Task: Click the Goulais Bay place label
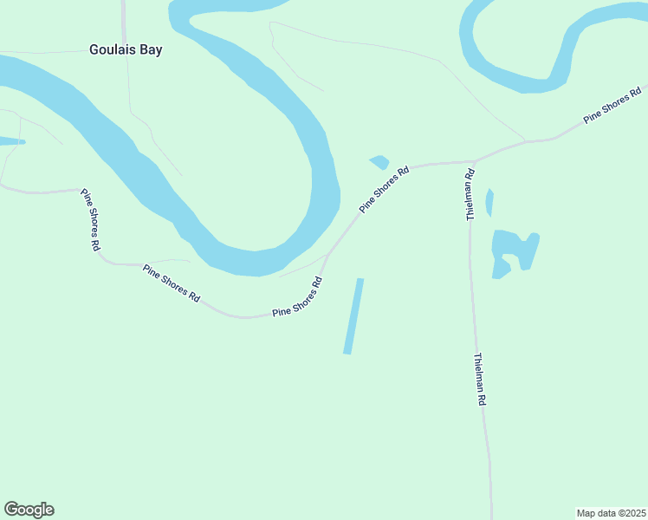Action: coord(126,49)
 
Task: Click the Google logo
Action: coord(29,510)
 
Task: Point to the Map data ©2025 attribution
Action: coord(612,513)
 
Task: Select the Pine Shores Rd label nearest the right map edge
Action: coord(612,104)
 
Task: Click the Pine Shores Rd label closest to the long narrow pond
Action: coord(297,297)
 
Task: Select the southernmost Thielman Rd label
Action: coord(481,380)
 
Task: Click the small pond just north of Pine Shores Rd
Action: coord(379,162)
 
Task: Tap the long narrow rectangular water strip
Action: coord(353,315)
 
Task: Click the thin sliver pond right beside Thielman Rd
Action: coord(489,202)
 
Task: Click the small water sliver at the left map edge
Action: coord(10,140)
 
